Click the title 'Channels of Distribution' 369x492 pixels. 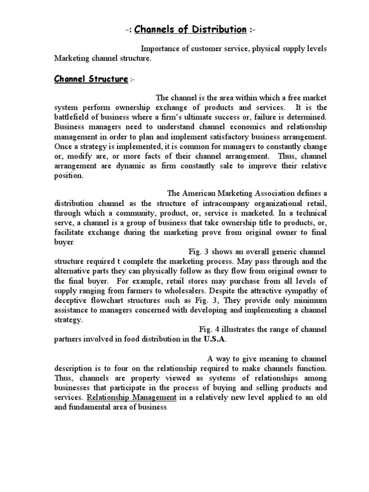click(190, 30)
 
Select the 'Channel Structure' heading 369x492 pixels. click(91, 79)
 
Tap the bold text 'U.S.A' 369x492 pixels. click(214, 339)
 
